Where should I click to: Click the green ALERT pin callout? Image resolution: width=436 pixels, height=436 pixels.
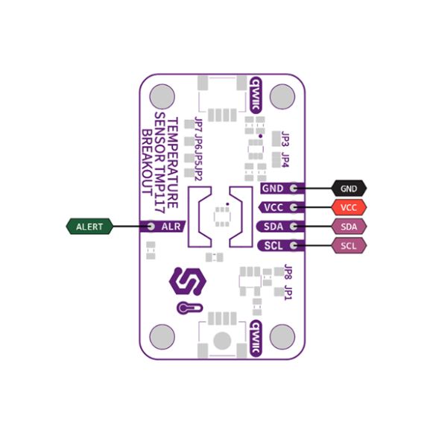(89, 227)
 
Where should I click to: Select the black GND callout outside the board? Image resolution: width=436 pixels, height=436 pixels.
(349, 189)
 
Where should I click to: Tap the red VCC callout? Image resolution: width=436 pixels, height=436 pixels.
(349, 207)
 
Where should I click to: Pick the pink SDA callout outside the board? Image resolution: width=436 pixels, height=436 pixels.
(349, 227)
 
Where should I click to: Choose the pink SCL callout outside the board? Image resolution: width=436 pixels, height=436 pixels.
(349, 245)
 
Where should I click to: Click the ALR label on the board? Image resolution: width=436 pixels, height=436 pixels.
(171, 227)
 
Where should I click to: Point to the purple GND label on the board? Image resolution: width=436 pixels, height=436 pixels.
(273, 189)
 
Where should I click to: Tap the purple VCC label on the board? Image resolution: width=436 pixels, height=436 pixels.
(274, 207)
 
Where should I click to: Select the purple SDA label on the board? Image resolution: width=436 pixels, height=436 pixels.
(274, 227)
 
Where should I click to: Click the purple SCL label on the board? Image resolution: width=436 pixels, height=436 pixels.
(274, 245)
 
